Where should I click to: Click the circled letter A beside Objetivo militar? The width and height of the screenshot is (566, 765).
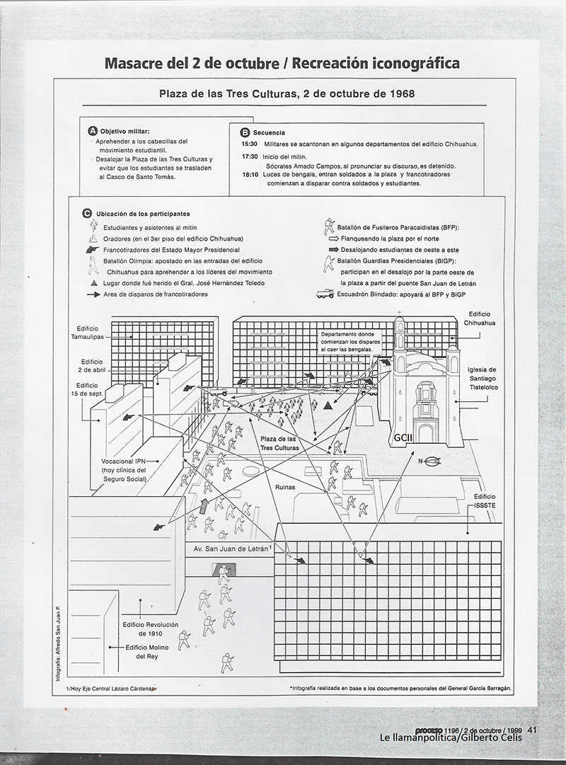click(x=92, y=131)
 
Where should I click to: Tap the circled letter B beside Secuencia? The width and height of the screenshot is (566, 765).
click(x=245, y=132)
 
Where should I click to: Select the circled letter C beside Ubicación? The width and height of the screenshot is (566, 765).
click(x=86, y=213)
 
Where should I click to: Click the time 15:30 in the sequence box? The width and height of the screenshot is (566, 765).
click(x=249, y=144)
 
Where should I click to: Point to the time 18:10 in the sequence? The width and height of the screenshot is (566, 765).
click(x=249, y=174)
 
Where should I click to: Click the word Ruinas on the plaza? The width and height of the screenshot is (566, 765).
click(x=285, y=487)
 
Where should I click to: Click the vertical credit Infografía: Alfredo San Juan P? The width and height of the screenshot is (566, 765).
click(x=60, y=640)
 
